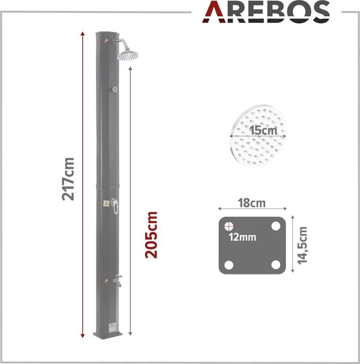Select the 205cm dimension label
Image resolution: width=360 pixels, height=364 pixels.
(151, 235)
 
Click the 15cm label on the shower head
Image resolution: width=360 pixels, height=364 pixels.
(257, 130)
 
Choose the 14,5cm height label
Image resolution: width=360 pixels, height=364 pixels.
(302, 246)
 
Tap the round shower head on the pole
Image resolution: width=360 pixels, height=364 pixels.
(128, 54)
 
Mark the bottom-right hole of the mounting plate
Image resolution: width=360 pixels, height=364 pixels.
(276, 264)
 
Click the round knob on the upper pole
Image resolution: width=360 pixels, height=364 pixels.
(115, 89)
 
